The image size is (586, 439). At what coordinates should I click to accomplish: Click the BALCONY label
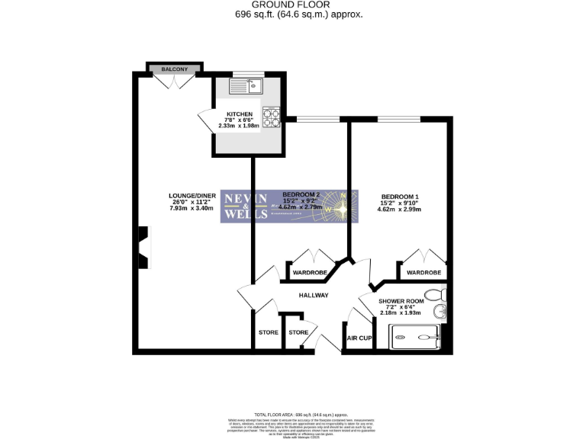click(175, 69)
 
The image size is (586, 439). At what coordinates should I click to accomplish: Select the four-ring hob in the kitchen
click(271, 117)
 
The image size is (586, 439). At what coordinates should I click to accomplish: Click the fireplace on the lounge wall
click(143, 248)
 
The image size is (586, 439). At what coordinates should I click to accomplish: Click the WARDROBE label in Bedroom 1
click(423, 272)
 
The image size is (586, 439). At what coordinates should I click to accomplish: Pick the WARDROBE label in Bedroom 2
click(310, 272)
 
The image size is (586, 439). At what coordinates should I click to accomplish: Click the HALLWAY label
click(313, 296)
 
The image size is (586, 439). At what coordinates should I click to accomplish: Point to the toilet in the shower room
click(436, 294)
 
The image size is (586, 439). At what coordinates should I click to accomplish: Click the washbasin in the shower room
click(439, 311)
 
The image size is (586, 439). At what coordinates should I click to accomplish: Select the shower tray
click(416, 336)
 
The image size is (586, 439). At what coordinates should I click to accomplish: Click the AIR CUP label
click(359, 338)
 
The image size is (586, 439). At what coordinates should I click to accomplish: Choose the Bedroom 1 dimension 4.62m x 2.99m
click(401, 209)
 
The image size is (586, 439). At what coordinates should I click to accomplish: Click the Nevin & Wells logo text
click(244, 207)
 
